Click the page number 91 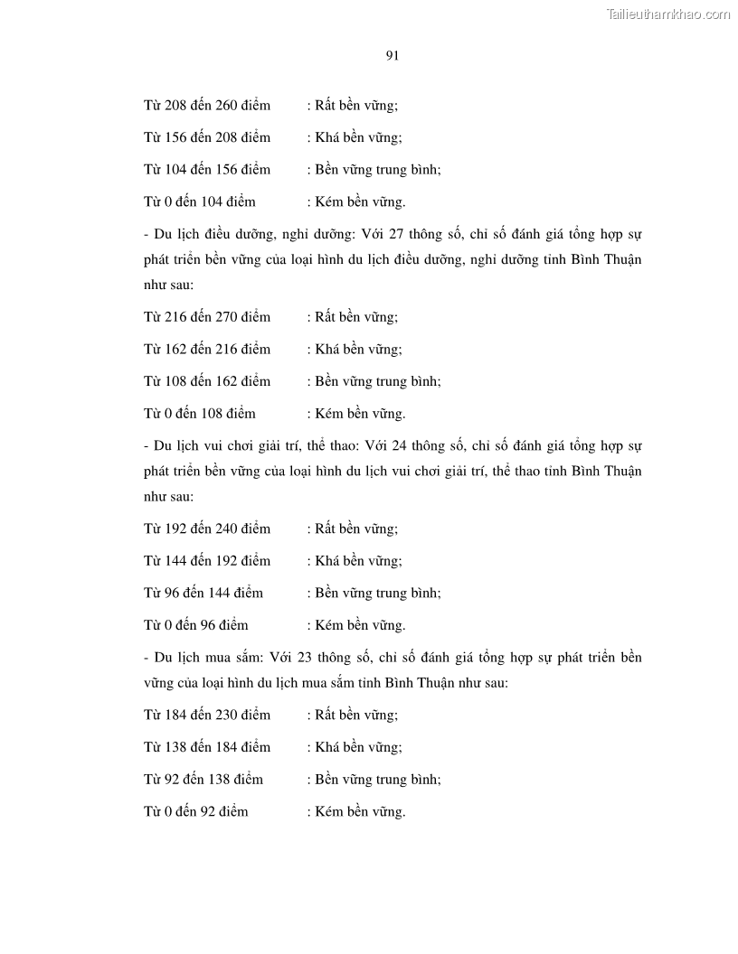393,56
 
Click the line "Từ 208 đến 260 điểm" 207,105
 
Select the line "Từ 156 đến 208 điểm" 207,137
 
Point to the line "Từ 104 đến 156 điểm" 207,170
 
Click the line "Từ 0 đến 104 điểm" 200,202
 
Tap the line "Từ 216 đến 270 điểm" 207,316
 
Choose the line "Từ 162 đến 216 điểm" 207,349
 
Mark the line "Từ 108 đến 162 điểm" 207,381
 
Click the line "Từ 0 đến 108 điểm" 200,414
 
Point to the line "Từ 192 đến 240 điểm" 207,528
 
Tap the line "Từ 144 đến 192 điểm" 207,560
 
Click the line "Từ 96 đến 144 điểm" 203,593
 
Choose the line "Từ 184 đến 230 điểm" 207,715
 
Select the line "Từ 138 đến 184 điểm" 207,747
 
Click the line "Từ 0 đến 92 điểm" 196,812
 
